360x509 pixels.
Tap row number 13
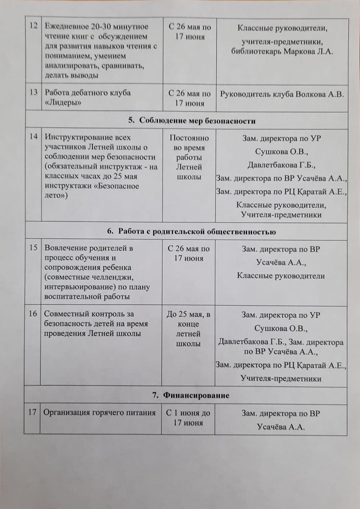click(33, 93)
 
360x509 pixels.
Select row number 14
click(33, 137)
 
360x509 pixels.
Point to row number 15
click(33, 248)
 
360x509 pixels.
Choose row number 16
click(33, 314)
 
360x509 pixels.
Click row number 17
click(32, 412)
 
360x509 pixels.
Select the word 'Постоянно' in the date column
click(189, 138)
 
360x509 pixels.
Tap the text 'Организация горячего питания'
click(99, 413)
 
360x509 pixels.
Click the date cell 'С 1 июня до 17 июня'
click(188, 418)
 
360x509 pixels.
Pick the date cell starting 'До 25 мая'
click(188, 329)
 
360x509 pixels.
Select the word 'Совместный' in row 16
click(62, 314)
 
